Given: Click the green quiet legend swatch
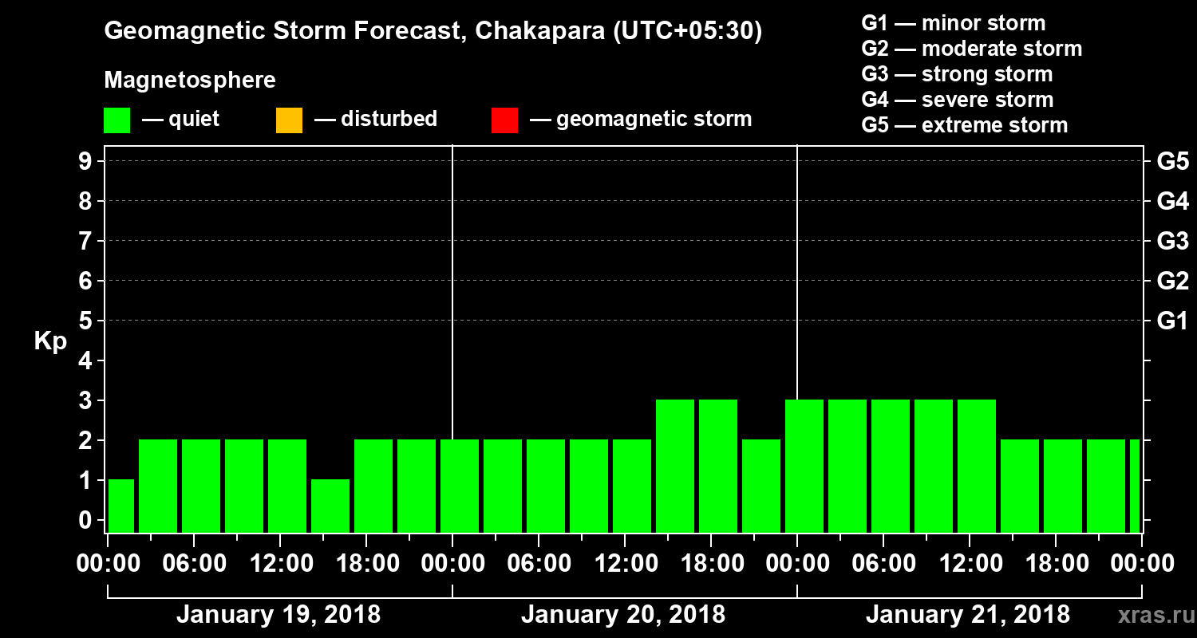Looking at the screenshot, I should [117, 120].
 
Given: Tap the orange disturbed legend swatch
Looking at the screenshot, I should [289, 120].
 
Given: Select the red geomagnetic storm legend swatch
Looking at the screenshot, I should [504, 120].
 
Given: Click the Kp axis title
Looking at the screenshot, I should [50, 341].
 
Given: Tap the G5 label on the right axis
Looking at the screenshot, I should [1172, 161].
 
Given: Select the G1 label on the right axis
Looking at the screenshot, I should [1172, 321].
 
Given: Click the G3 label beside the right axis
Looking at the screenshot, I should [1172, 241].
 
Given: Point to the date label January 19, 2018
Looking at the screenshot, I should [278, 615].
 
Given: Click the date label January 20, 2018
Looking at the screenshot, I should [623, 615].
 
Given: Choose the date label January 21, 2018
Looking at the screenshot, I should [968, 615].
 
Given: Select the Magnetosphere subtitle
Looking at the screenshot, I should [190, 81].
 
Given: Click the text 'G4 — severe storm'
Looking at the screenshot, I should [958, 100].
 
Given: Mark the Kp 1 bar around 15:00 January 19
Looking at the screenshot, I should [330, 506].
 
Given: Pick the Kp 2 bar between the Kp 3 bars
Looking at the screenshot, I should [761, 486].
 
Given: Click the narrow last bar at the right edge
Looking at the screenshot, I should [1135, 486].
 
